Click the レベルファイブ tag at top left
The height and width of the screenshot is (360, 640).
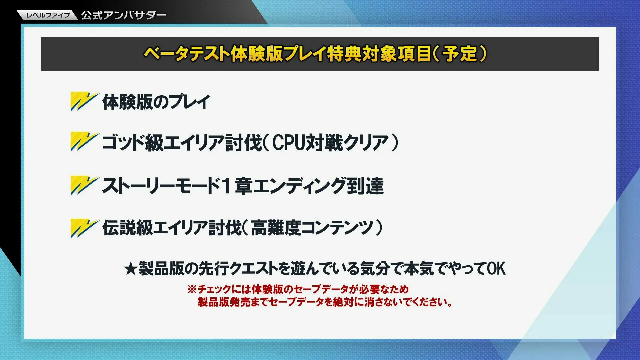coord(48,15)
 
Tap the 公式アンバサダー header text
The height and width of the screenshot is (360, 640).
coord(124,15)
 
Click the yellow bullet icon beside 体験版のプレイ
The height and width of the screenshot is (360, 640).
coord(84,101)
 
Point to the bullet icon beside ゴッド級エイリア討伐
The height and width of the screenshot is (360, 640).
coord(84,142)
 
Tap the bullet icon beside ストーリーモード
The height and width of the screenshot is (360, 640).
coord(84,185)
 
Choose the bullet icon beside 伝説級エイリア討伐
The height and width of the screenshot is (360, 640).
coord(84,228)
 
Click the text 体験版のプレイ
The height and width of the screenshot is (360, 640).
coord(156,102)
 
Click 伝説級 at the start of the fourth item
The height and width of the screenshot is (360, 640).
coord(127,228)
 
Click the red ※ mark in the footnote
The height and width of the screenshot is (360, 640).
coord(192,289)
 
